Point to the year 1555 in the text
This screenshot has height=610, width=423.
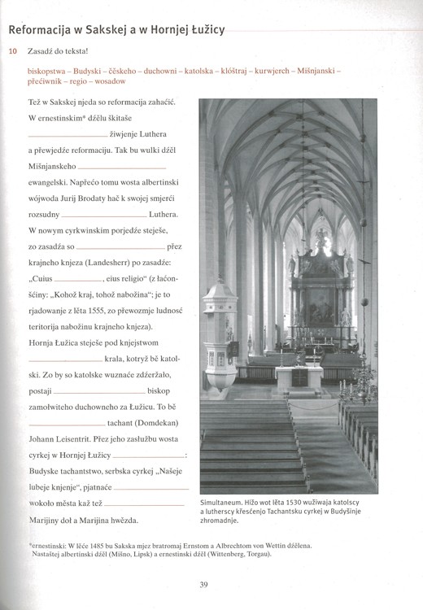click(x=121, y=312)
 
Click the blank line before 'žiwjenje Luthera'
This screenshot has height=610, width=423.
click(x=67, y=135)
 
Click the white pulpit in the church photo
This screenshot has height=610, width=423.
click(x=220, y=325)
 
